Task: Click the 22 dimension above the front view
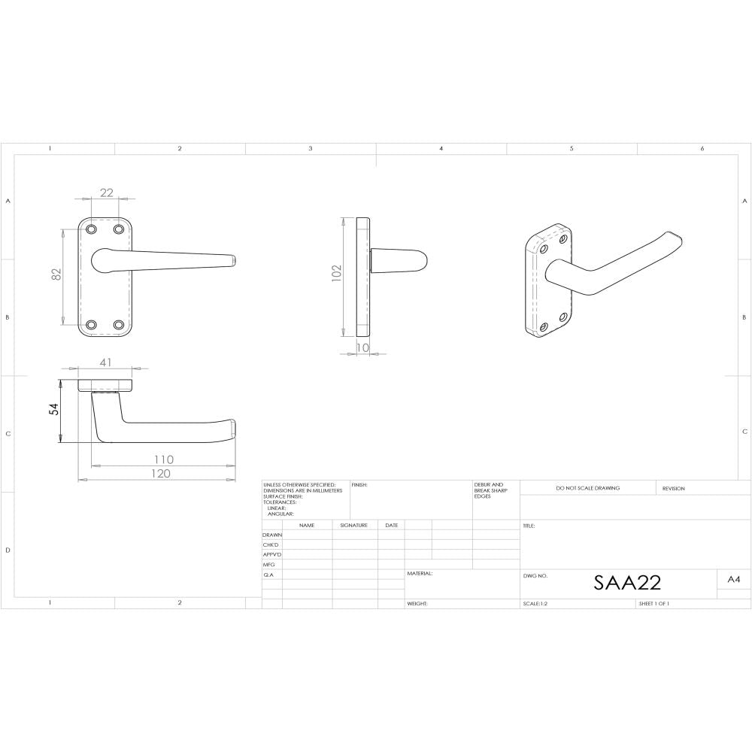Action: pos(106,193)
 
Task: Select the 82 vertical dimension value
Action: pos(56,276)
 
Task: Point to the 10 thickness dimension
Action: pos(363,347)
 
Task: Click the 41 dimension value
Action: pos(105,362)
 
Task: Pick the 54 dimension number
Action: pos(54,411)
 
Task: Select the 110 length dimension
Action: pos(163,459)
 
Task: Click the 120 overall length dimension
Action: pos(160,473)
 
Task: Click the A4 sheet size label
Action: pos(734,579)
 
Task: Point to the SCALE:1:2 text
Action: pos(535,604)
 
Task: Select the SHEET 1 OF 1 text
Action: pos(653,604)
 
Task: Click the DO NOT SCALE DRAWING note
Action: pos(588,488)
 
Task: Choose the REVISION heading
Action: pos(673,488)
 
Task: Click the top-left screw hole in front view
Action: pos(92,229)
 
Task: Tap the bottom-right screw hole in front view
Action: pos(119,325)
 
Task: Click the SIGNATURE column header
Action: pos(353,525)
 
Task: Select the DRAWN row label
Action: pos(271,535)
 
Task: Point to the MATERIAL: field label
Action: pos(420,573)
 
